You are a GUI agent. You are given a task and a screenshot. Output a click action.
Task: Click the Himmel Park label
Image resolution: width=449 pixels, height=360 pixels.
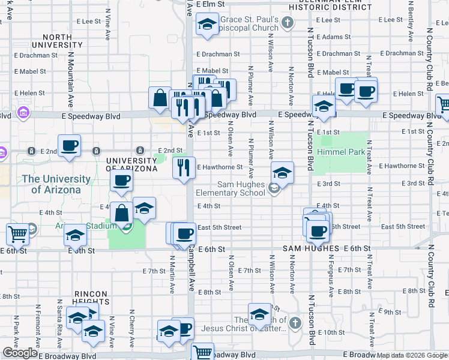pyautogui.click(x=343, y=152)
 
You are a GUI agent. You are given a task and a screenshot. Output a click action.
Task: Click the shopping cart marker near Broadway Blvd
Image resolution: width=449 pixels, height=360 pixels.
pyautogui.click(x=203, y=352)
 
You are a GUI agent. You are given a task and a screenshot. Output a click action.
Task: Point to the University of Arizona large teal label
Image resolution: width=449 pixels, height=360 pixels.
pyautogui.click(x=56, y=184)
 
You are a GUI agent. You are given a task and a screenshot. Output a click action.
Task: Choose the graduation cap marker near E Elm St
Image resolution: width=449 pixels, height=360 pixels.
pyautogui.click(x=207, y=25)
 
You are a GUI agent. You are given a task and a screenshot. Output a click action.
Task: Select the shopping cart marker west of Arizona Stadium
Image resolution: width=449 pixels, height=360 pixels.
pyautogui.click(x=17, y=233)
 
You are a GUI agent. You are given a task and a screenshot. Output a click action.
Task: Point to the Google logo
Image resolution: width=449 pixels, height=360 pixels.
pyautogui.click(x=20, y=352)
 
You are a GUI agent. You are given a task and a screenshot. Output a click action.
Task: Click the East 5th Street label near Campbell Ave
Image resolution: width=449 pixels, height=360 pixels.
pyautogui.click(x=219, y=227)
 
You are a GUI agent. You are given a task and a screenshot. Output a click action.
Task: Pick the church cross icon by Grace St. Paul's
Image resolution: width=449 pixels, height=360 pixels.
pyautogui.click(x=288, y=23)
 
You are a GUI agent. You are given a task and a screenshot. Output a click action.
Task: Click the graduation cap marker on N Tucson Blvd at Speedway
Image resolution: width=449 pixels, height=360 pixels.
pyautogui.click(x=324, y=106)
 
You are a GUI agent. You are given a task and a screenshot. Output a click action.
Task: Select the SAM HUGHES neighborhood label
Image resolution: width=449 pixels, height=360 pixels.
pyautogui.click(x=312, y=248)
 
